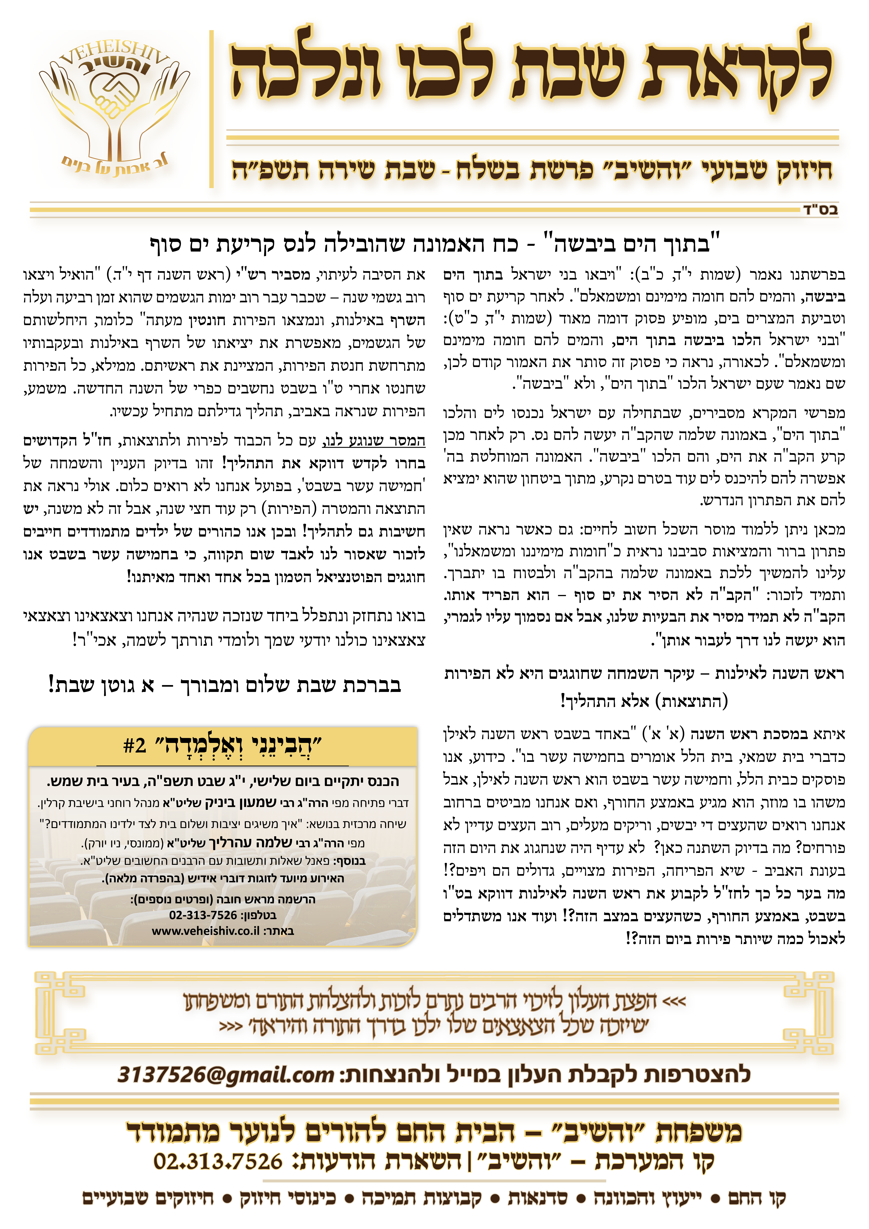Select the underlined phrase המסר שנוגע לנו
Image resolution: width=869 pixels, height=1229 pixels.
pos(374,441)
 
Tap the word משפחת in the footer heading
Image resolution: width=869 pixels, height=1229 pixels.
pos(699,1131)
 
